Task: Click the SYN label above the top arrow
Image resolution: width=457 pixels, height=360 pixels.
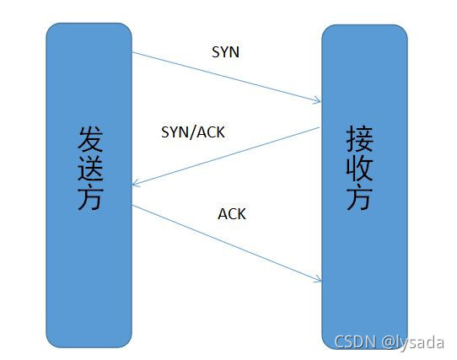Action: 226,52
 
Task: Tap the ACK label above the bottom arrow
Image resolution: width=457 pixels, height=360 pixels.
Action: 232,213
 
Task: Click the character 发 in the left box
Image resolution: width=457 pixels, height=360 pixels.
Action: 90,139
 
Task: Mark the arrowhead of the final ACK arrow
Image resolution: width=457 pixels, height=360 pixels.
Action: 320,282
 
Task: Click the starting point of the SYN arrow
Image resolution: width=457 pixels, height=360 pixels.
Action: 132,52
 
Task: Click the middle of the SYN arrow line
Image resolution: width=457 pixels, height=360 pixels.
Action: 227,78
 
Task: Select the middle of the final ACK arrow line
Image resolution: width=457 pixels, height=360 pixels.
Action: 227,243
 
